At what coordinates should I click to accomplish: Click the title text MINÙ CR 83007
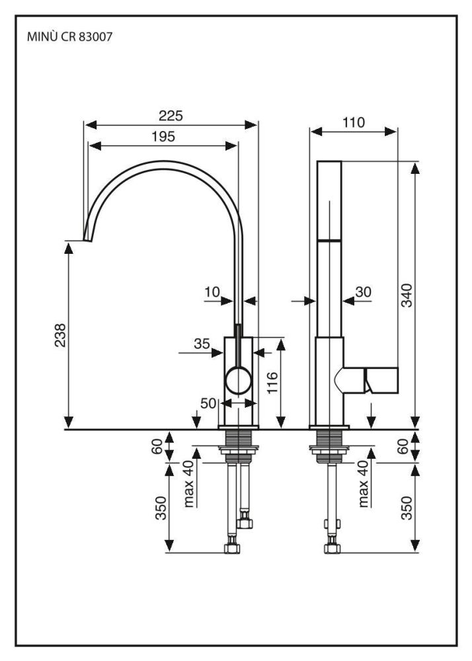(x=68, y=38)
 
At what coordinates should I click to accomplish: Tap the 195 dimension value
(x=163, y=137)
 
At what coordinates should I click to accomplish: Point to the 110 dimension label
(x=354, y=122)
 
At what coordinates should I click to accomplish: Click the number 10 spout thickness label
(x=211, y=292)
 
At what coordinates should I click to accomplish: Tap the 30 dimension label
(x=364, y=292)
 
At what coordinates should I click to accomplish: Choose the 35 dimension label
(x=202, y=344)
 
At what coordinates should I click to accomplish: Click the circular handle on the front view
(x=238, y=381)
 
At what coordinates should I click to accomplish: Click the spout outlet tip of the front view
(x=85, y=236)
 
